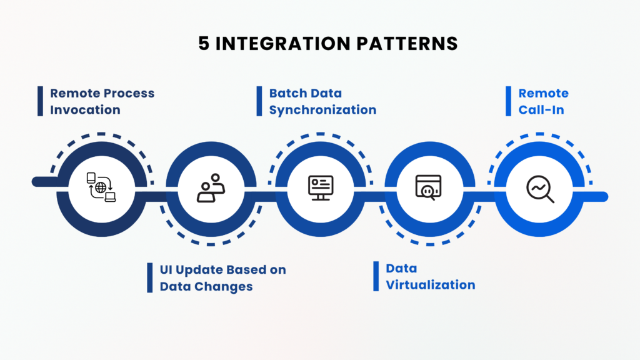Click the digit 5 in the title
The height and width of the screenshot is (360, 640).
(203, 44)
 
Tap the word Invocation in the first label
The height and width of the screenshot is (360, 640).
(85, 110)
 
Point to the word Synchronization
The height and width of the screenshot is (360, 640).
(322, 110)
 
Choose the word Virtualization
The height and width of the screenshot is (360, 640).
(430, 285)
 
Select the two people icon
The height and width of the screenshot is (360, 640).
(211, 187)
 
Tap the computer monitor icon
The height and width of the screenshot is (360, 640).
(321, 187)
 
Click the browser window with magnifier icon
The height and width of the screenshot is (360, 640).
(429, 187)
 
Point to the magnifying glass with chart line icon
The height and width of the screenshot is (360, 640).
(540, 188)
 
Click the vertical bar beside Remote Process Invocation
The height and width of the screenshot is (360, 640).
(40, 102)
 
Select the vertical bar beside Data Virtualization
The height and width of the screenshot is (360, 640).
(376, 277)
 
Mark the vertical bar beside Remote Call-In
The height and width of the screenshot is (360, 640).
(508, 102)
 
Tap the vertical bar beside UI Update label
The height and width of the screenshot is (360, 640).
(150, 277)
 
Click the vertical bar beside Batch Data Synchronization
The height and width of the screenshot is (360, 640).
(259, 102)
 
